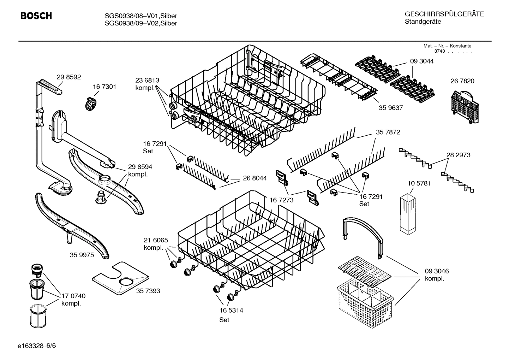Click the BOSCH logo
point(36,16)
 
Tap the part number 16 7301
point(104,87)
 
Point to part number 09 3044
point(422,61)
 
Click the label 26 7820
point(462,81)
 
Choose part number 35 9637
point(391,108)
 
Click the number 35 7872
point(388,132)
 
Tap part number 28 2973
point(458,155)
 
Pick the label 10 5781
point(419,183)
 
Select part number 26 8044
point(255,178)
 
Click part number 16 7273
point(282,200)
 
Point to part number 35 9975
point(82,255)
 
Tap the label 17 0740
point(73,296)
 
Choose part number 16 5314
point(231,311)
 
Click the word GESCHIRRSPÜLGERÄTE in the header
point(444,14)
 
